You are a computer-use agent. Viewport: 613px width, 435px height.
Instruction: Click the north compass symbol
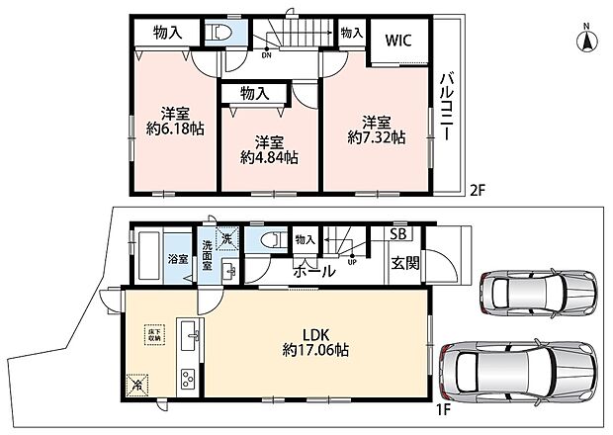click(x=584, y=41)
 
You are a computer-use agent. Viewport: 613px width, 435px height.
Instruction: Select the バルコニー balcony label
click(x=446, y=106)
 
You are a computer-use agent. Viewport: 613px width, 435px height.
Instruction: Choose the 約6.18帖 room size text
click(x=175, y=129)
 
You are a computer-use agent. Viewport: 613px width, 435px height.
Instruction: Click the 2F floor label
click(x=479, y=189)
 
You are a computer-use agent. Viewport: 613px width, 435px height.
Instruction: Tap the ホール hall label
click(x=311, y=268)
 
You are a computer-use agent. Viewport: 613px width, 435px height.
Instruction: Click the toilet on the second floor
click(x=220, y=33)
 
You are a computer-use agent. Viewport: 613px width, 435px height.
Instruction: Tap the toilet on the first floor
click(x=269, y=240)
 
